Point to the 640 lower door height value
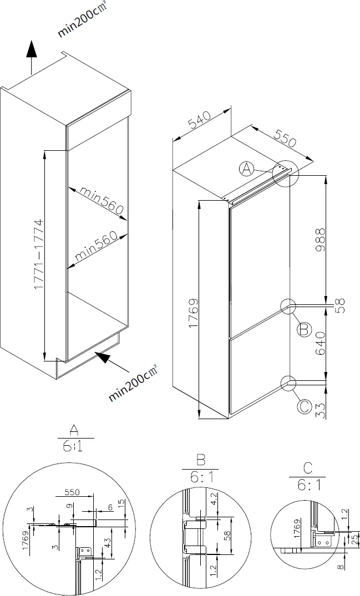320,344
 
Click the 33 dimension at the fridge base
321,411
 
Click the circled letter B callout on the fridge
304,329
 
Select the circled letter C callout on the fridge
304,406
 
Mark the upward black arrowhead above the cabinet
32,50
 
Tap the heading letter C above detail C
307,468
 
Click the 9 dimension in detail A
68,506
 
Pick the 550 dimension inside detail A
72,492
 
